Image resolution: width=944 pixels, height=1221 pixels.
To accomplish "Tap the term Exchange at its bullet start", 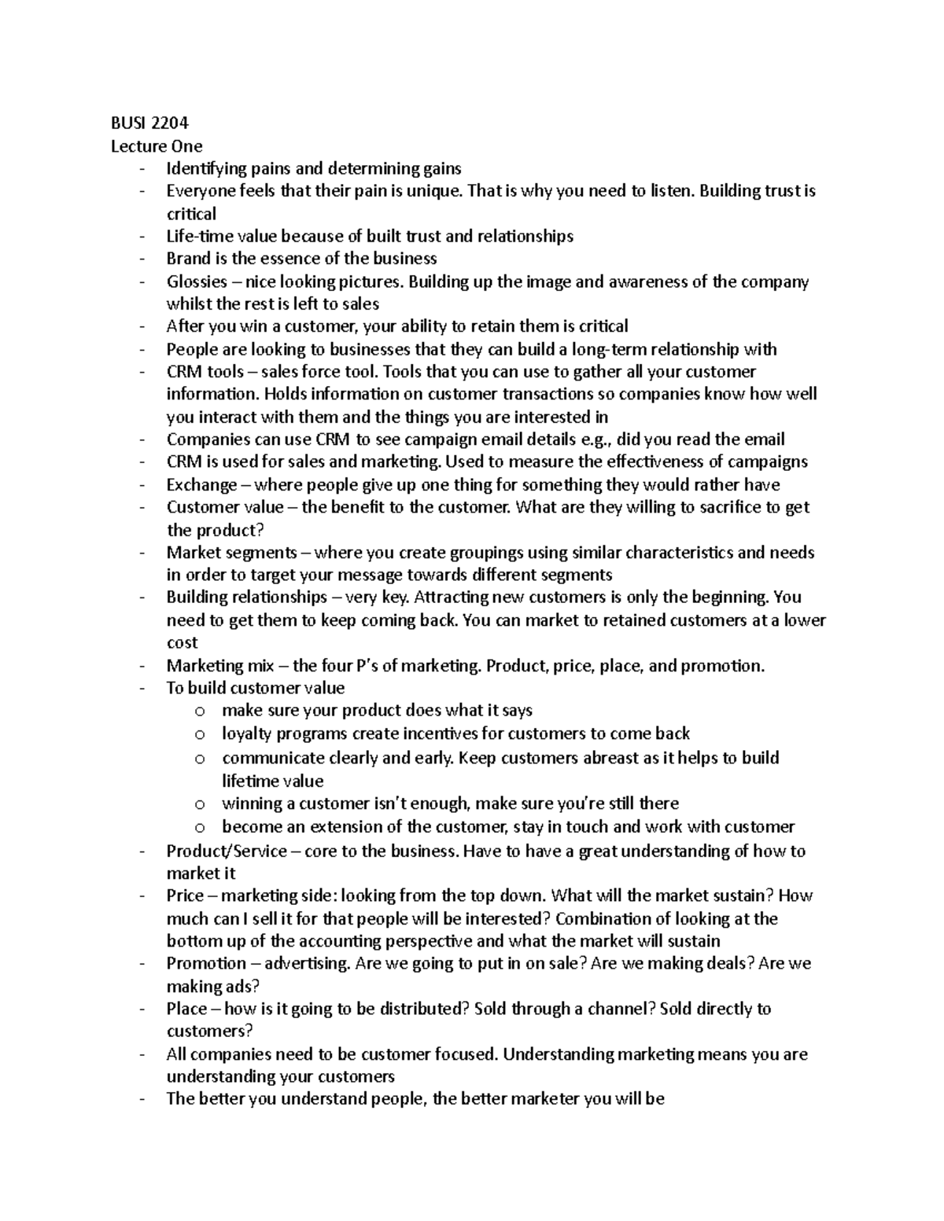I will click(x=201, y=484).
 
